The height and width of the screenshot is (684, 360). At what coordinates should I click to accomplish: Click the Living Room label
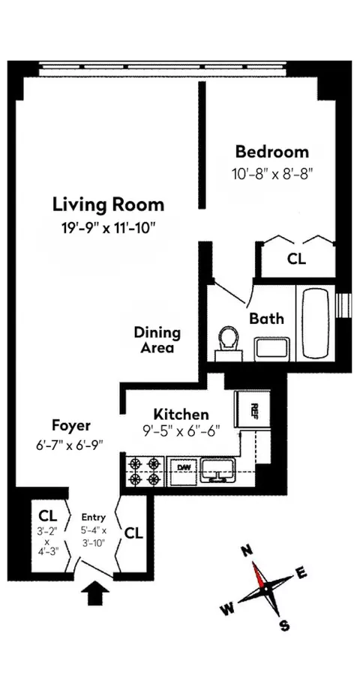(x=108, y=204)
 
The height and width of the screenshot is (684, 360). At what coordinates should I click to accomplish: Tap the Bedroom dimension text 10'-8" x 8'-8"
(x=271, y=172)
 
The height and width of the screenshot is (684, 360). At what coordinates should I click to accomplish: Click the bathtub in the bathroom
(x=316, y=322)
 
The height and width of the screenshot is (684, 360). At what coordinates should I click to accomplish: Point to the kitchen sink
(x=217, y=471)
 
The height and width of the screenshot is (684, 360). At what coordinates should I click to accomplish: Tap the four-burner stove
(x=144, y=471)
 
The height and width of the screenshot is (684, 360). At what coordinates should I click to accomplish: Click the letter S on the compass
(x=284, y=625)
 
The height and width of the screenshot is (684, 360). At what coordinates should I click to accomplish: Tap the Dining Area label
(x=157, y=340)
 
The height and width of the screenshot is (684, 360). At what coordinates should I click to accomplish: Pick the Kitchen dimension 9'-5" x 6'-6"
(x=181, y=432)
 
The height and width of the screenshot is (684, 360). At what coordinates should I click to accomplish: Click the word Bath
(x=266, y=318)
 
